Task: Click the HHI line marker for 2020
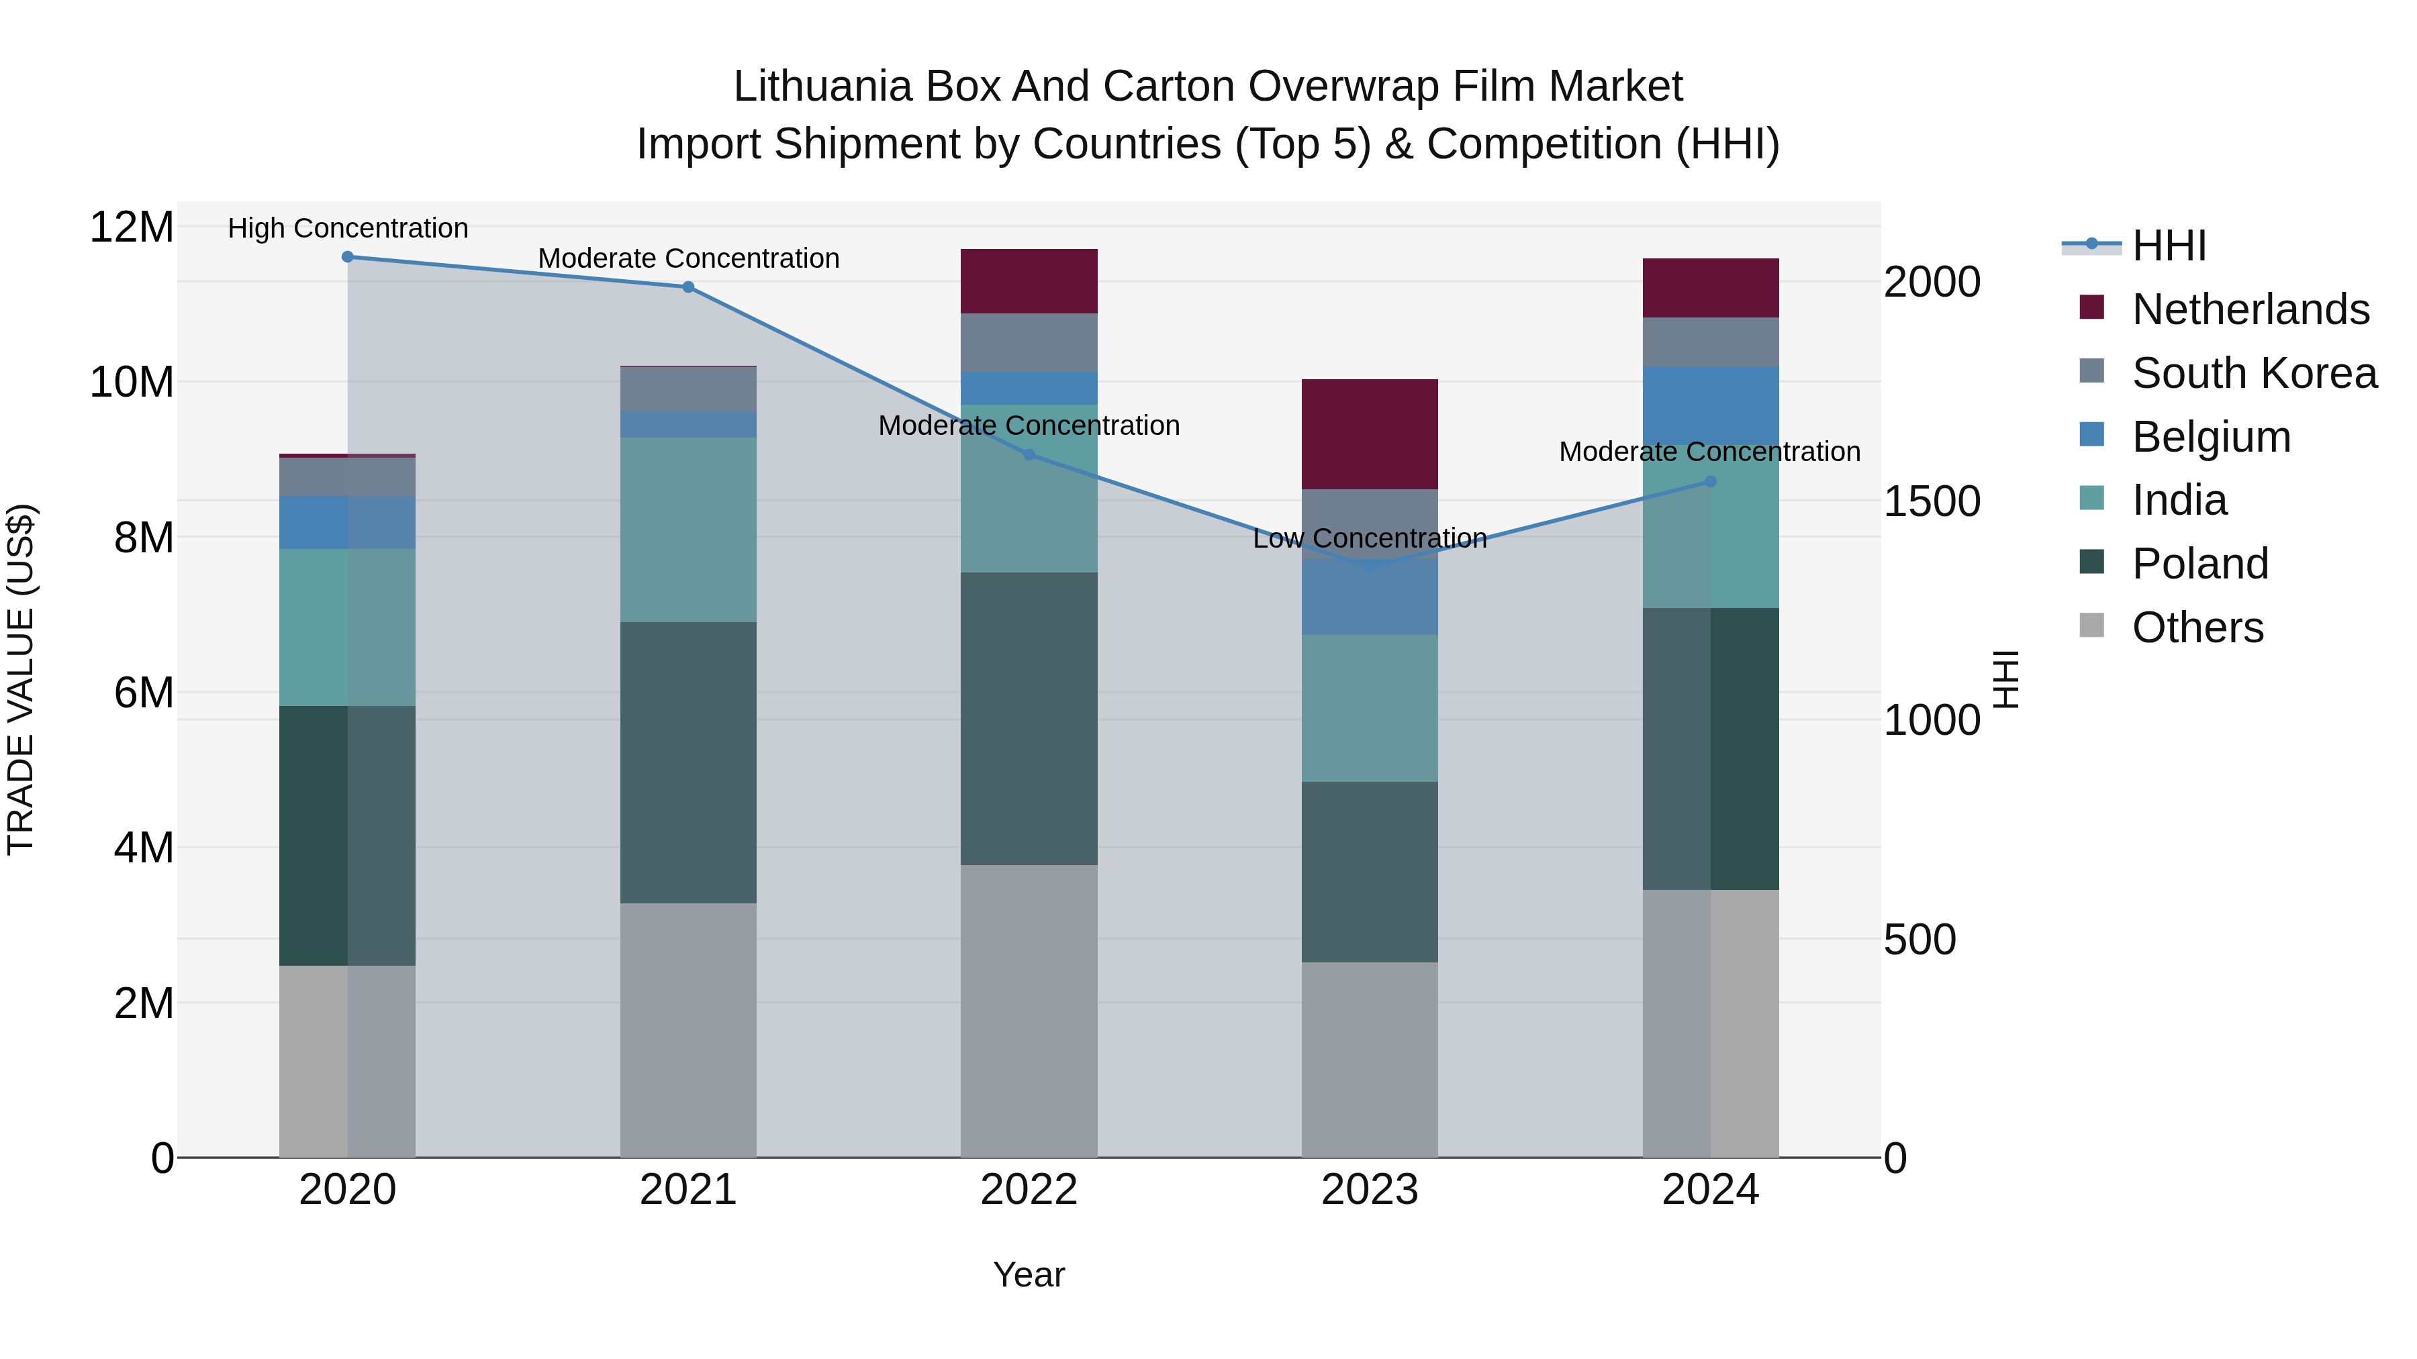coord(347,257)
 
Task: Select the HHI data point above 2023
coord(1369,566)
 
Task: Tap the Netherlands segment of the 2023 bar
coord(1369,434)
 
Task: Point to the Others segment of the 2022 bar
coord(1029,1011)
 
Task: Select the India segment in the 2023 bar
coord(1369,708)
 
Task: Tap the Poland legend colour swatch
coord(2091,563)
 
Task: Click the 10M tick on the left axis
coord(132,383)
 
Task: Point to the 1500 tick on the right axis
coord(1931,502)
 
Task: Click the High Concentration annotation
coord(347,229)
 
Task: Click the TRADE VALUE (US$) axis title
coord(21,679)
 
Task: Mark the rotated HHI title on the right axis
coord(2005,679)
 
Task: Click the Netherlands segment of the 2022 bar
coord(1029,281)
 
